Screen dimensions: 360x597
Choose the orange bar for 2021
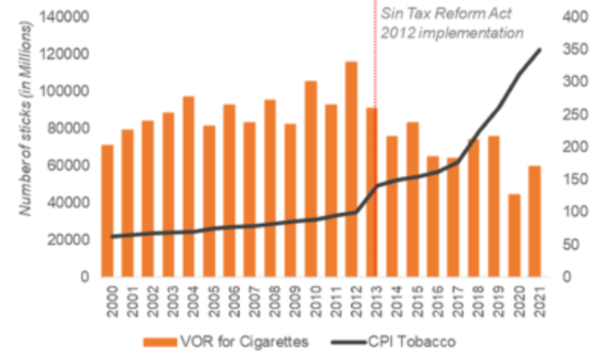pos(534,220)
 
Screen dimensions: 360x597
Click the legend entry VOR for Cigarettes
pos(226,342)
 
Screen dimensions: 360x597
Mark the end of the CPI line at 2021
pos(540,49)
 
